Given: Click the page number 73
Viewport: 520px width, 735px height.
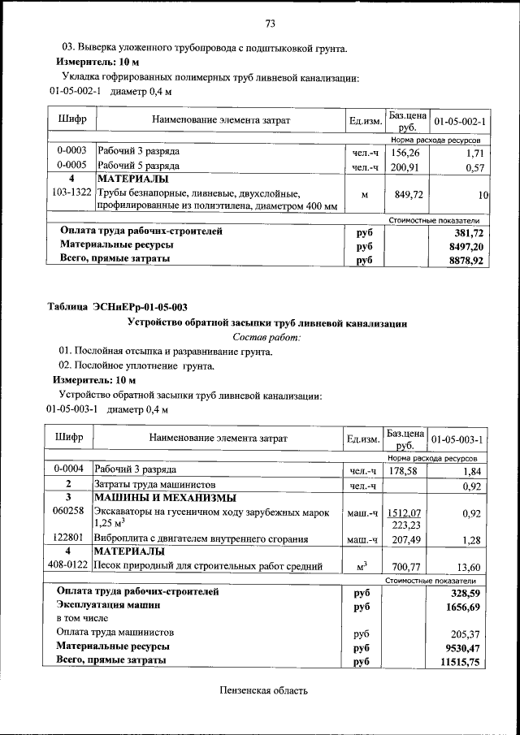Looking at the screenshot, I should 270,23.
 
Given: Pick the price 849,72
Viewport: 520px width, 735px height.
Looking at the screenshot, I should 405,194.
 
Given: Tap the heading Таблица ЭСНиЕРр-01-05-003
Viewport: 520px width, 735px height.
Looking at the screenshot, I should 117,307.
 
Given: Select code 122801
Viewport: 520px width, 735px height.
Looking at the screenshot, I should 69,538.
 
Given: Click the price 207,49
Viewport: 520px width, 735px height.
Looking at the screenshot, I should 404,539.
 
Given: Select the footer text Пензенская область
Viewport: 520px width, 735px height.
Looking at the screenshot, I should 264,691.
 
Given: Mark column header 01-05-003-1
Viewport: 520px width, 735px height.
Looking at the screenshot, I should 457,439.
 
